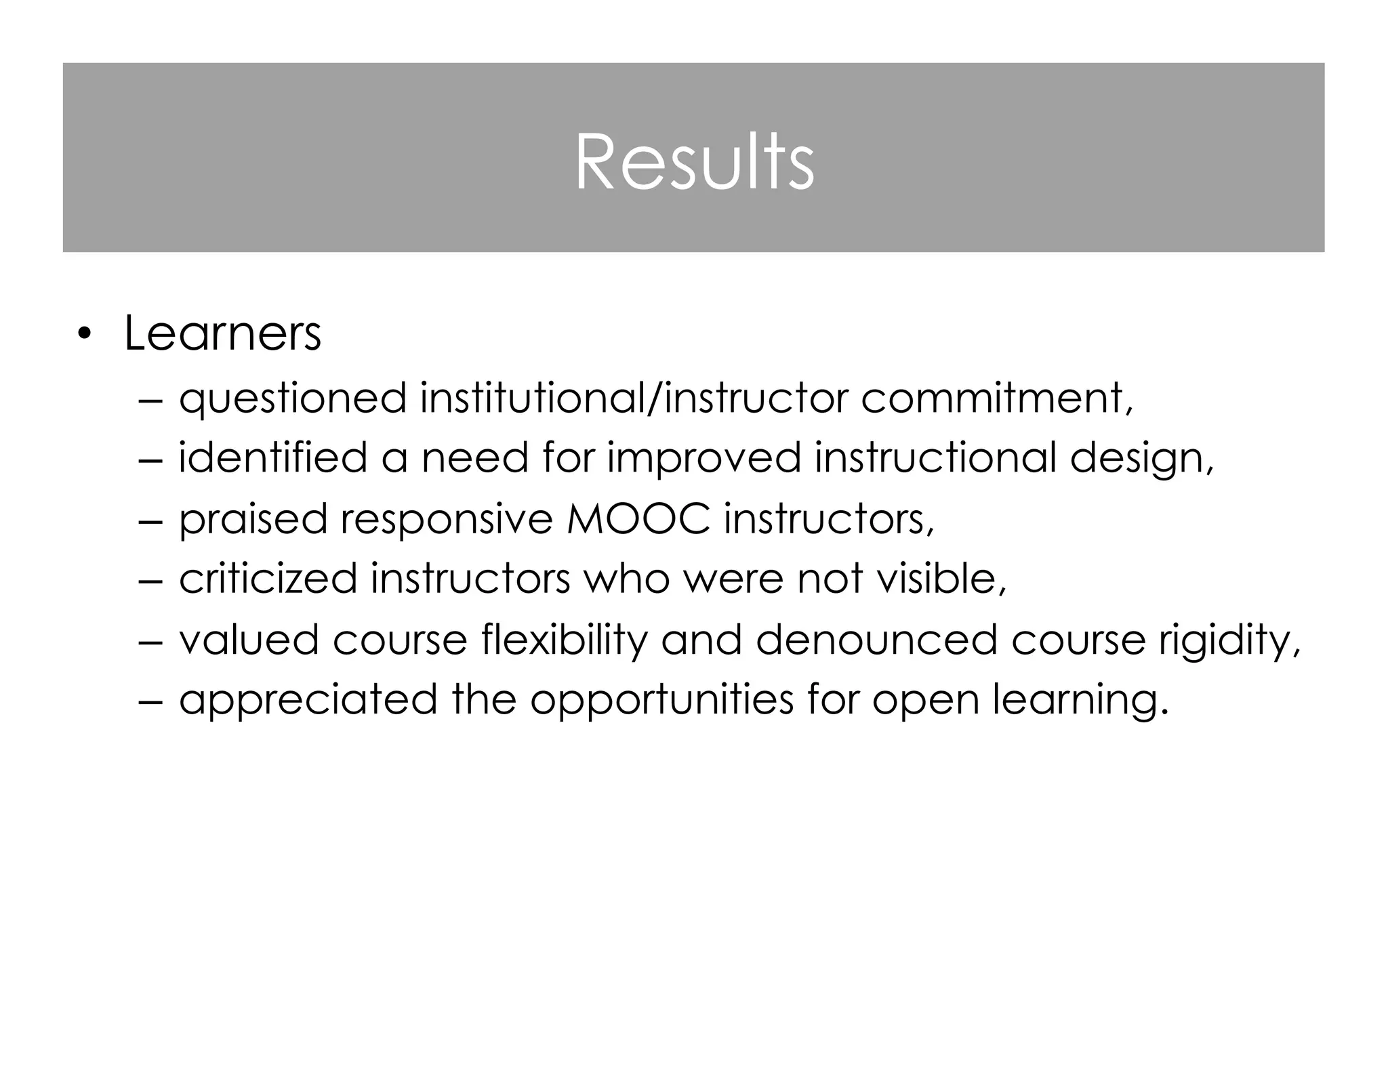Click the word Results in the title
[694, 162]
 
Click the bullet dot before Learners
[83, 333]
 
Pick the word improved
[703, 459]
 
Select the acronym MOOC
[638, 519]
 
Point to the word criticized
[268, 579]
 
